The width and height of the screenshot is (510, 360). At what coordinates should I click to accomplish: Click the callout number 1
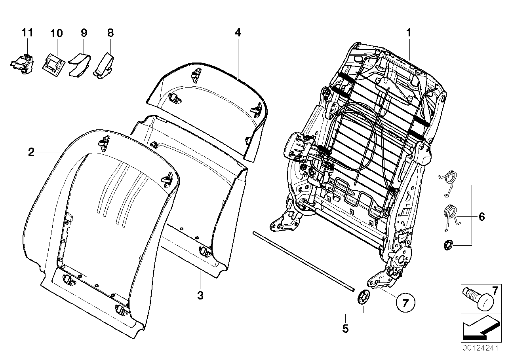pos(408,33)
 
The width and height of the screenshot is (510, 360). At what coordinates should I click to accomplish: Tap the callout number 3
pos(200,295)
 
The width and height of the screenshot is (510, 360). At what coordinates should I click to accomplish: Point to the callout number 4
pos(238,33)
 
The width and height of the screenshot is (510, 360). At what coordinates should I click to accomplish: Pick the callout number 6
pos(481,216)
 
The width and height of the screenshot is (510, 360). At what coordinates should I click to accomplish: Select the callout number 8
pos(110,33)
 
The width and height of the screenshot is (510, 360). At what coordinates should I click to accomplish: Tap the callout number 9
pos(84,33)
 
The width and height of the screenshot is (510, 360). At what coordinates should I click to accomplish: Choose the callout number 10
pos(57,33)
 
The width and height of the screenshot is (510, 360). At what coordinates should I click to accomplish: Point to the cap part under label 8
pos(104,64)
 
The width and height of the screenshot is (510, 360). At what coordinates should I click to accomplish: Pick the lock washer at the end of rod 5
pos(363,296)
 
